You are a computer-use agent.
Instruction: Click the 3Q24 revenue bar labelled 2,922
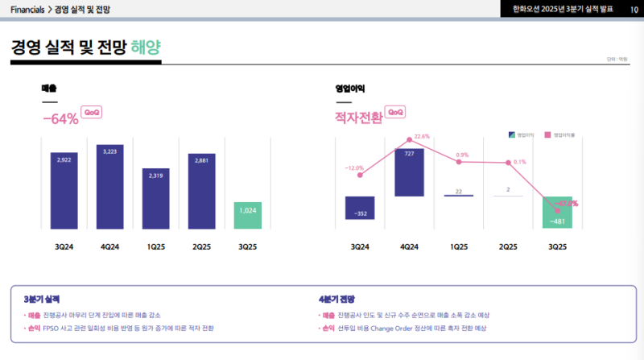tap(64, 191)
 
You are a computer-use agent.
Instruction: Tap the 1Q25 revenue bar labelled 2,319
tap(156, 199)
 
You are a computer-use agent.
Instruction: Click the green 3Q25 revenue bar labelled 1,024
tap(248, 215)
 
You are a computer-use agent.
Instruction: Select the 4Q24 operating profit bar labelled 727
tap(409, 172)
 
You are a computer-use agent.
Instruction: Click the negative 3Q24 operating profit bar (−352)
tap(360, 208)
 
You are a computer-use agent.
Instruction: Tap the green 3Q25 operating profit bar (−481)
tap(557, 213)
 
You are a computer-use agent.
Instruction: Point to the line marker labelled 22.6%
tap(409, 140)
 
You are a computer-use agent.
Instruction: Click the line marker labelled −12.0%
tap(360, 175)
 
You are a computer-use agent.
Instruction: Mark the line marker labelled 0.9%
tap(459, 162)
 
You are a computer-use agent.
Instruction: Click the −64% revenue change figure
tap(60, 118)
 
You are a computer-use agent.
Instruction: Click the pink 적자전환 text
tap(359, 118)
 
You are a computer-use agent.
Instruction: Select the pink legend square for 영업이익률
tap(547, 134)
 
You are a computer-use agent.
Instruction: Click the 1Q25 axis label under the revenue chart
tap(156, 246)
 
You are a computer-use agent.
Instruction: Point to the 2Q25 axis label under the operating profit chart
tap(508, 246)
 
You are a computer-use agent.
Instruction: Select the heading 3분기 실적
tap(42, 299)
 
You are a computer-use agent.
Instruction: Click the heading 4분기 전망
tap(336, 299)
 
